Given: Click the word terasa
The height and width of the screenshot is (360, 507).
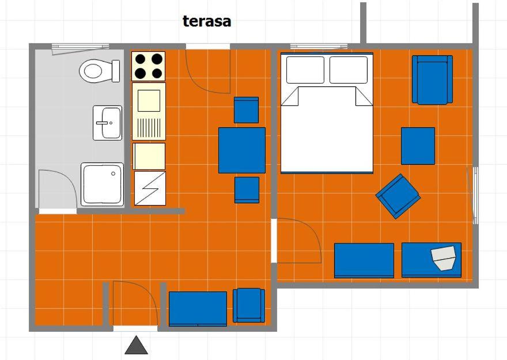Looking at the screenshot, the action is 207,21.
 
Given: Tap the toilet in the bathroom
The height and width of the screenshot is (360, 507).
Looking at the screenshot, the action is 99,71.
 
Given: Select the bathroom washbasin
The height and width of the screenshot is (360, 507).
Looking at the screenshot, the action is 107,123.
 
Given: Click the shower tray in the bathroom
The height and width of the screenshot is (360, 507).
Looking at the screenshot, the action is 102,184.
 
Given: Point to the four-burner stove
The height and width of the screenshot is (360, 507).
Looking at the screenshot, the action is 149,66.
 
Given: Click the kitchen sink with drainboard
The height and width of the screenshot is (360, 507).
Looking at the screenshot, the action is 149,112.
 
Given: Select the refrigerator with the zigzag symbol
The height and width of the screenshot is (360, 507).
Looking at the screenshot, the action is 150,188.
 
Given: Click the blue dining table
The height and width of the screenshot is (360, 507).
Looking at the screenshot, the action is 242,150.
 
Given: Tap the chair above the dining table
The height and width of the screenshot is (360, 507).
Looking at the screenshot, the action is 246,110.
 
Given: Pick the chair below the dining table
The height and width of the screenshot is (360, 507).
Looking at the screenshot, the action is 247,190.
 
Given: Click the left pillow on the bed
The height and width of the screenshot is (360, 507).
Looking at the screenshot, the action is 305,70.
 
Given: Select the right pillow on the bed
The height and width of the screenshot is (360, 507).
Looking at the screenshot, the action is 348,70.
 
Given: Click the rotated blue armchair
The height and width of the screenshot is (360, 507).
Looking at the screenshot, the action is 398,196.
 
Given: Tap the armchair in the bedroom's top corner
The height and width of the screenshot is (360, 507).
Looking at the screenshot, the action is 432,80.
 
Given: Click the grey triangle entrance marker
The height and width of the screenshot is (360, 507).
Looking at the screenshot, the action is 137,345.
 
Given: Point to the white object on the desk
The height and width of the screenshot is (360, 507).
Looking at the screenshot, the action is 444,257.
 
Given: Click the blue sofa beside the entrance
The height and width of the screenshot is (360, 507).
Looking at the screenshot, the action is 198,309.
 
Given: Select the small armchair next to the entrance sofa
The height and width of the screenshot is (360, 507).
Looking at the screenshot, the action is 249,305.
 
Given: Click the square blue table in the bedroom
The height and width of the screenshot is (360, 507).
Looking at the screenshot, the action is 418,146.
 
